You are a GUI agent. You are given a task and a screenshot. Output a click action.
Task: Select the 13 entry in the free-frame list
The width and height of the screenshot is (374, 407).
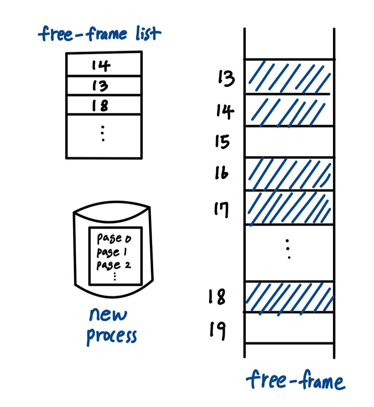tap(100, 86)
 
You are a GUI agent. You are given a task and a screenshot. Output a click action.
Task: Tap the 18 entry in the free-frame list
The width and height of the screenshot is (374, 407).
tap(100, 105)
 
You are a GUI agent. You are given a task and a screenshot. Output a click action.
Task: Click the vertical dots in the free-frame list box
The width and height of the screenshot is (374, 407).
tap(103, 133)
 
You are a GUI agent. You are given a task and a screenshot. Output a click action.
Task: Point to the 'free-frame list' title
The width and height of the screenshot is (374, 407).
tap(100, 34)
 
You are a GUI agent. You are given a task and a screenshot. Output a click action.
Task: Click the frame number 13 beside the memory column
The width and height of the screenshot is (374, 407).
tap(226, 78)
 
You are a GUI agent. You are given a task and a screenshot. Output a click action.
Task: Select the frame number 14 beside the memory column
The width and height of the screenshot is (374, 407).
tap(225, 111)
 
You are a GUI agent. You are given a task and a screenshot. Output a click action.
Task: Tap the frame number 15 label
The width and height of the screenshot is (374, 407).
tap(223, 142)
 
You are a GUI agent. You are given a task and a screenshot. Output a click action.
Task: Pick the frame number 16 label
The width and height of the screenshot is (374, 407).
tap(222, 173)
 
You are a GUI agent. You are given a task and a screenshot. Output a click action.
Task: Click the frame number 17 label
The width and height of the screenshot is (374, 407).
tap(222, 209)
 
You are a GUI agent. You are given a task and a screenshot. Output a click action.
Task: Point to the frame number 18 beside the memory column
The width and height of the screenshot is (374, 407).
tap(217, 296)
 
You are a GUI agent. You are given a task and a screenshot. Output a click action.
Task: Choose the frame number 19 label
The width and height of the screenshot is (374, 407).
tap(218, 330)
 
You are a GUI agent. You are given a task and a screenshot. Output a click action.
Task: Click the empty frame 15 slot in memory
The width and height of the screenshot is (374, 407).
tap(289, 142)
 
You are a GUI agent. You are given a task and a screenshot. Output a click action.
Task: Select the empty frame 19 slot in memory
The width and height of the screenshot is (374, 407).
tap(289, 328)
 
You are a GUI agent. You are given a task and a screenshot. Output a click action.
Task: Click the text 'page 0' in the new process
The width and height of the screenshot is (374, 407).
tap(114, 238)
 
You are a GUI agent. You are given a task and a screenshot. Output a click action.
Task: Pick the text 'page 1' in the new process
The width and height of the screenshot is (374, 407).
tap(112, 252)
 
